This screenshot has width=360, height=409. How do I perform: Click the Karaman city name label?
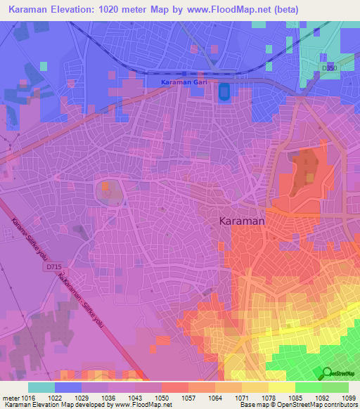tap(238, 221)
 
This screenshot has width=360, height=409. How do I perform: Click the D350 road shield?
tap(328, 67)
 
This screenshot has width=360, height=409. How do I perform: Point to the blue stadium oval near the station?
tap(224, 91)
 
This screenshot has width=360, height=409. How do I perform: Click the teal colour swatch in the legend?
tap(41, 387)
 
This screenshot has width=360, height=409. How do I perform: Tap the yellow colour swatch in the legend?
tap(282, 387)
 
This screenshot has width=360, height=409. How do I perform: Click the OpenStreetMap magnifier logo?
tap(326, 372)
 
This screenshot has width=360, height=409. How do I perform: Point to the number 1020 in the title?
tap(124, 10)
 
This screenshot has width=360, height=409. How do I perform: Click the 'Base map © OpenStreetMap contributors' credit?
tap(296, 405)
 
